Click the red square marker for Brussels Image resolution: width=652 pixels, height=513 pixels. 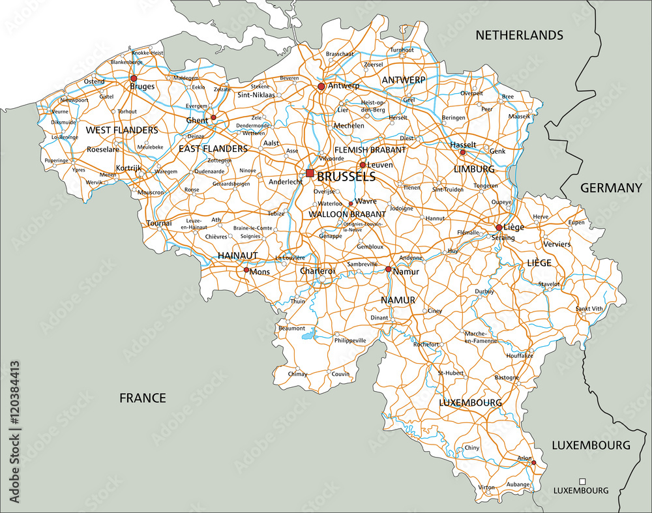pos(310,173)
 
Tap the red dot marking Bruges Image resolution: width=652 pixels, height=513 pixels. pos(134,78)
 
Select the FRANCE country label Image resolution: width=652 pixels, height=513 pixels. pos(142,398)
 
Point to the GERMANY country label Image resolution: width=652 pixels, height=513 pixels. pos(611,188)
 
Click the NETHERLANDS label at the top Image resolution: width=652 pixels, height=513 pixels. pos(519,35)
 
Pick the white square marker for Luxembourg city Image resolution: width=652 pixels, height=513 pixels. pos(582,481)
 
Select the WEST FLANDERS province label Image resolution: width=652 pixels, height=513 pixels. pos(122,130)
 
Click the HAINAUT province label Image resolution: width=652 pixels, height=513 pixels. pos(238,256)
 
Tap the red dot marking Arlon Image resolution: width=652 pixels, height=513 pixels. pos(533,463)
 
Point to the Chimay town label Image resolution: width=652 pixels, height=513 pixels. pos(297,374)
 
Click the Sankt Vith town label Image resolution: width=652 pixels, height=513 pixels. pos(589,308)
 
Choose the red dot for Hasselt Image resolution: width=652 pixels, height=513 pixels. pos(462,153)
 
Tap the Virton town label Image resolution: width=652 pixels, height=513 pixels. pos(486,487)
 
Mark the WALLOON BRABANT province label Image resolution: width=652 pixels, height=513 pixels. pos(347,214)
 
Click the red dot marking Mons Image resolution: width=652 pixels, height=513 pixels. pos(246,270)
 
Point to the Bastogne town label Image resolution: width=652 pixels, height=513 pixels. pos(507,377)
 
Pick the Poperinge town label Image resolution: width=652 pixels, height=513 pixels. pos(56,160)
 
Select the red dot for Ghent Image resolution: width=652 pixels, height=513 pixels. pos(213,118)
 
